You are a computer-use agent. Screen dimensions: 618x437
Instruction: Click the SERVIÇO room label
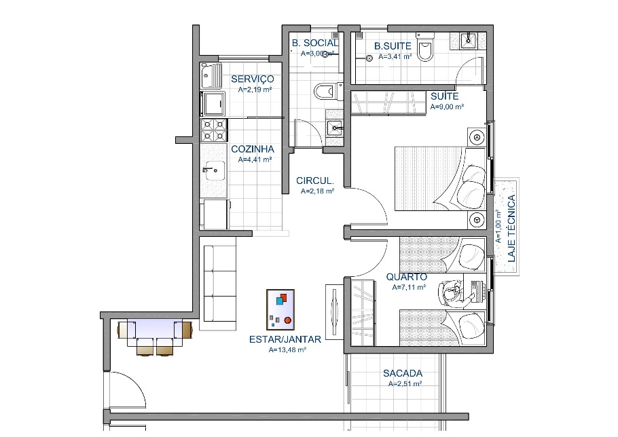(252, 79)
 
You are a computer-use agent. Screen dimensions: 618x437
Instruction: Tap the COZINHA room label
(252, 149)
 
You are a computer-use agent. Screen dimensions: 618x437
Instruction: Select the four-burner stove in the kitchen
(214, 130)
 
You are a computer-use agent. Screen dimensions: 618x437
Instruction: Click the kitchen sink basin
(214, 170)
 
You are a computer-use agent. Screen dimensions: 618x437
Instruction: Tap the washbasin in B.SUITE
(468, 40)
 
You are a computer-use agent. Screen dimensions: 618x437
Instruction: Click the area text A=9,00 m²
(447, 107)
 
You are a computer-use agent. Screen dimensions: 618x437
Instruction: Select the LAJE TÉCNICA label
(511, 229)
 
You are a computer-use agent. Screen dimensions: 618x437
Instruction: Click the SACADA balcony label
(403, 373)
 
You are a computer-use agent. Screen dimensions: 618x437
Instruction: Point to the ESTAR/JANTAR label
(285, 339)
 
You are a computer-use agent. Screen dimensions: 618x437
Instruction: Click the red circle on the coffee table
(288, 320)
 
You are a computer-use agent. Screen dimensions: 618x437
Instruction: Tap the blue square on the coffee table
(280, 301)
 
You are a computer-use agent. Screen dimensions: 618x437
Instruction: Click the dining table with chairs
(155, 337)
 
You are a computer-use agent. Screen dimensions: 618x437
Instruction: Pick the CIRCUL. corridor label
(315, 181)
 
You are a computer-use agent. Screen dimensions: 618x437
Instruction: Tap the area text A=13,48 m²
(287, 349)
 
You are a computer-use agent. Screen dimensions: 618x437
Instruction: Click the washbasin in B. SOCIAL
(335, 127)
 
